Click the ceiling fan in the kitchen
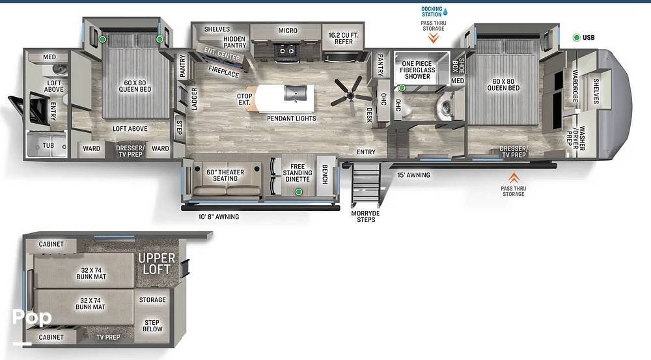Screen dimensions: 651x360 352,96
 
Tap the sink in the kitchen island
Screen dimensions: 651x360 296,93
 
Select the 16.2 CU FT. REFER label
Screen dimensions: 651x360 343,38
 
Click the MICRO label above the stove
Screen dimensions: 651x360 288,31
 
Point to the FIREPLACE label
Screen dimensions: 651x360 224,72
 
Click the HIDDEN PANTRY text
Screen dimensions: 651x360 234,42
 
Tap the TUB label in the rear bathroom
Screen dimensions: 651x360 48,145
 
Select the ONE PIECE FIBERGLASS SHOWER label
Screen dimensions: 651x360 418,70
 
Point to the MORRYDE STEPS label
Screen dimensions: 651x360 365,216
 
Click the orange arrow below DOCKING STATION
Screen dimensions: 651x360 434,38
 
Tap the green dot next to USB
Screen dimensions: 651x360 576,38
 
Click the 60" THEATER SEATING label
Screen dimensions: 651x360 225,175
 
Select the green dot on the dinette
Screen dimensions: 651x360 299,191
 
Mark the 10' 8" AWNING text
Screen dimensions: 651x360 218,216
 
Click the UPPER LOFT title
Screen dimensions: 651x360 156,264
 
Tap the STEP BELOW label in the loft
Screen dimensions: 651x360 152,325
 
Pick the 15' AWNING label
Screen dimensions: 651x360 413,175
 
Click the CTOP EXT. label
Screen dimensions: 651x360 244,99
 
